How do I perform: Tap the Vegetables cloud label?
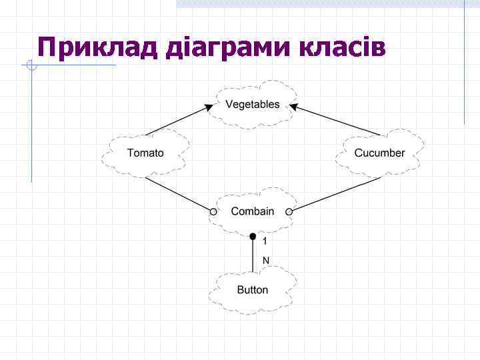pyautogui.click(x=253, y=105)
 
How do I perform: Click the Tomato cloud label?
pyautogui.click(x=145, y=153)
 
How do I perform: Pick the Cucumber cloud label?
pyautogui.click(x=379, y=153)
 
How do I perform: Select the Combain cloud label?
pyautogui.click(x=253, y=211)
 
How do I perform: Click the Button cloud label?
pyautogui.click(x=253, y=290)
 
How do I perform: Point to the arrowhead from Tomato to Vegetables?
pyautogui.click(x=209, y=107)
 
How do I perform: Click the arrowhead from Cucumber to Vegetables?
pyautogui.click(x=294, y=107)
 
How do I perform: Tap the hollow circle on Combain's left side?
pyautogui.click(x=213, y=212)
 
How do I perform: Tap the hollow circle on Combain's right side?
pyautogui.click(x=289, y=212)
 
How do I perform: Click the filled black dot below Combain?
pyautogui.click(x=253, y=236)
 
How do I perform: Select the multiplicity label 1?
pyautogui.click(x=265, y=241)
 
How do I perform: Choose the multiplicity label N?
pyautogui.click(x=265, y=260)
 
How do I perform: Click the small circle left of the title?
pyautogui.click(x=30, y=65)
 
